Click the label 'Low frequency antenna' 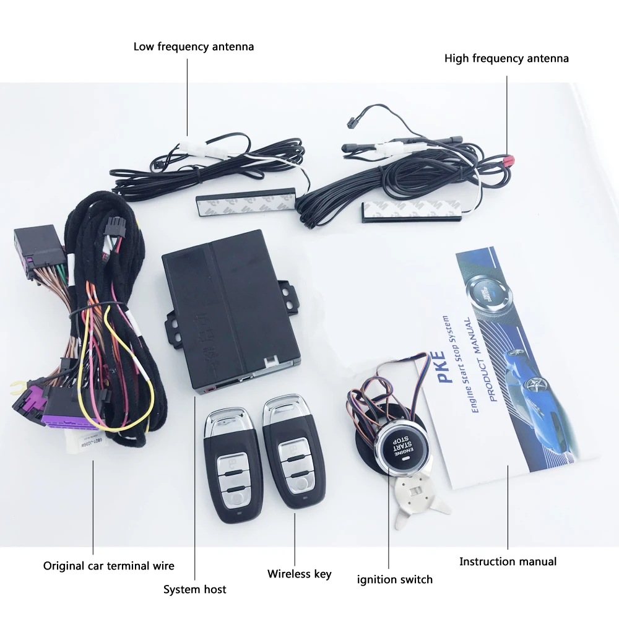coord(193,47)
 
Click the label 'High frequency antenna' coord(506,59)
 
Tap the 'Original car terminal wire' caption coord(108,566)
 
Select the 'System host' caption coord(194,589)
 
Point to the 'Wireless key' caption coord(299,574)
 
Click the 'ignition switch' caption coord(394,580)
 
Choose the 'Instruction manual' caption coord(508,562)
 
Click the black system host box coord(229,309)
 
